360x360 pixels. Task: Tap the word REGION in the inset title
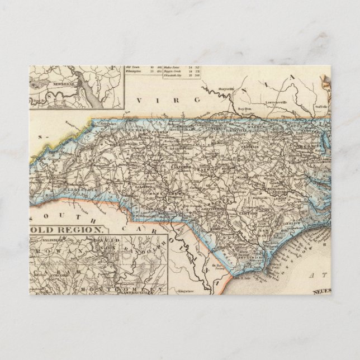coord(84,230)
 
